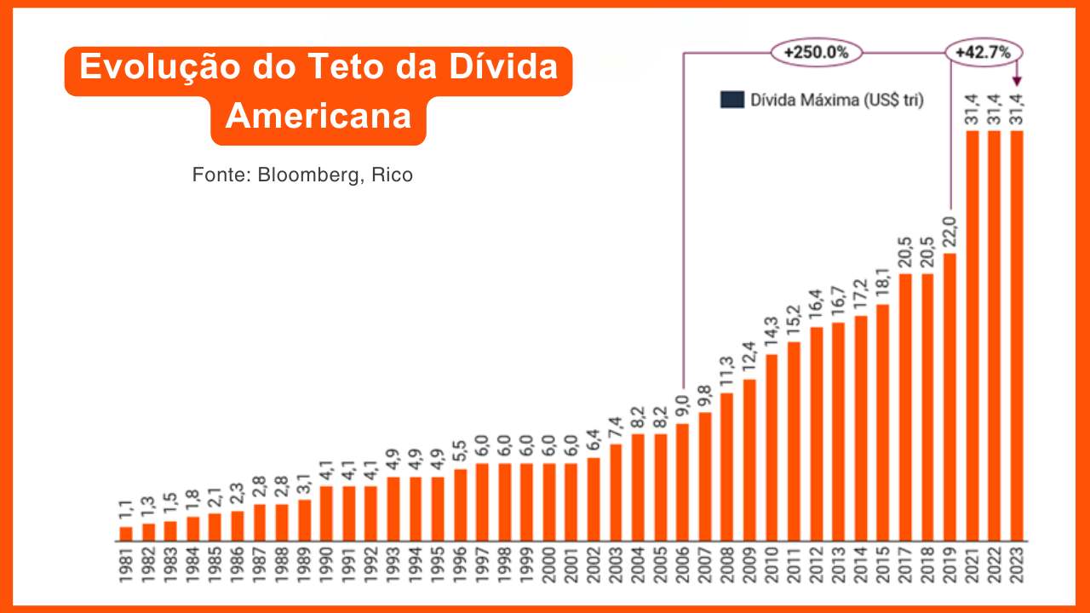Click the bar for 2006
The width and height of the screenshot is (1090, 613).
click(681, 482)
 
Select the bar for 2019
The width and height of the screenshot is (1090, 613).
click(949, 397)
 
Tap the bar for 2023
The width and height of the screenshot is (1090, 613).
click(1015, 335)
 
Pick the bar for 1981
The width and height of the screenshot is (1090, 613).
click(126, 534)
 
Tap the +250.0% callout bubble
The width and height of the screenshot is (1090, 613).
click(817, 53)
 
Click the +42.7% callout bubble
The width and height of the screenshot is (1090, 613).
click(983, 53)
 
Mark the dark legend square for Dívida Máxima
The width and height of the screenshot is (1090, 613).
click(731, 100)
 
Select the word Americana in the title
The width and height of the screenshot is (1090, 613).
click(318, 116)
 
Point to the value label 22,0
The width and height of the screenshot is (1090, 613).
click(949, 232)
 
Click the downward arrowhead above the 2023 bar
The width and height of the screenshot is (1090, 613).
click(1016, 83)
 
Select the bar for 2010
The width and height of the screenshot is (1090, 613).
click(772, 447)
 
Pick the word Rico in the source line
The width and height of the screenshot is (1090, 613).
click(393, 175)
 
